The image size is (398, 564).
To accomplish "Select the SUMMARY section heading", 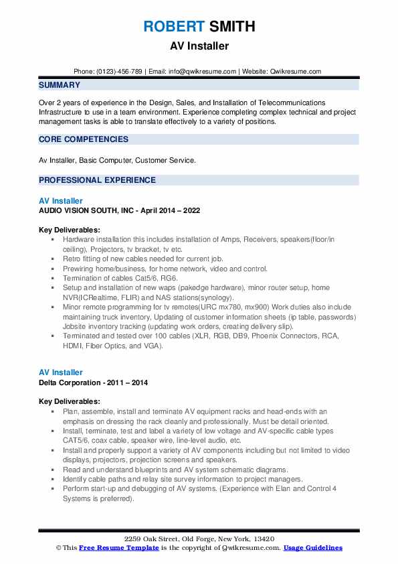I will tap(60, 85).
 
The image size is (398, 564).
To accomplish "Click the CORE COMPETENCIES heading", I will tap(84, 139).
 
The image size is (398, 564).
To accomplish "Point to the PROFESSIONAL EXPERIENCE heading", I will tap(97, 180).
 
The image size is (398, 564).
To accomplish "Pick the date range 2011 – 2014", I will tap(126, 382).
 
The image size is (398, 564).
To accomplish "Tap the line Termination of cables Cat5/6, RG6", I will tap(120, 277).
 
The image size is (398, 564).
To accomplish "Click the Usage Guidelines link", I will tap(312, 548).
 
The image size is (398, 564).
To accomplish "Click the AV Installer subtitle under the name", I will tap(199, 46).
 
